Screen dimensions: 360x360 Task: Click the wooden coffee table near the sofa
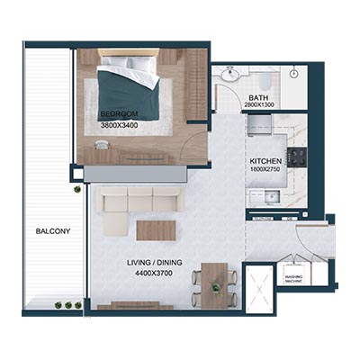click(x=153, y=229)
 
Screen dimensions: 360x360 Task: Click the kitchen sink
click(x=281, y=195)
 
